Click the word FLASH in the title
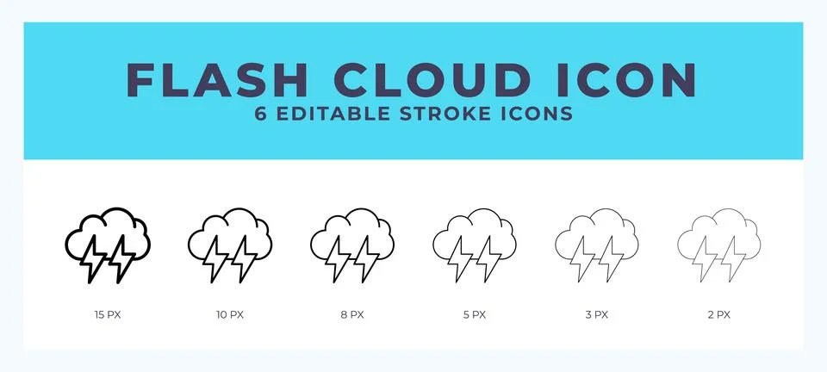(218, 79)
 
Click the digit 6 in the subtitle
(261, 114)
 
